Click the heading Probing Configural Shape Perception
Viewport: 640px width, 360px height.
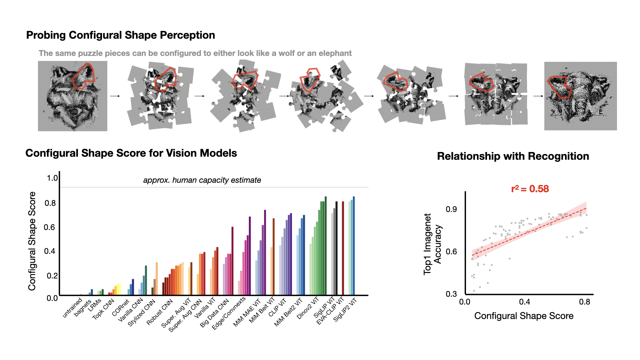tap(120, 35)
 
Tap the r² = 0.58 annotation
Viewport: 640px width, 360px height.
tap(530, 189)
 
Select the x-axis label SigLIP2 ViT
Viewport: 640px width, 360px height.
tap(345, 310)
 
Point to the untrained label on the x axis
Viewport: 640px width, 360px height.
tap(72, 308)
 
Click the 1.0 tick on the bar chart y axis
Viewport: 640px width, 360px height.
tap(52, 178)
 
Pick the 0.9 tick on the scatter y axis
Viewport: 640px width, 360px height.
tap(451, 209)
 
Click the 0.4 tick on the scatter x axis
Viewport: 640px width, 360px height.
tap(524, 302)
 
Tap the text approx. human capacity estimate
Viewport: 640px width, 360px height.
tap(202, 180)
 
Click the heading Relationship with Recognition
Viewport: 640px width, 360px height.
tap(513, 156)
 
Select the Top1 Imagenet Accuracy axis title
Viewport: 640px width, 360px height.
tap(432, 244)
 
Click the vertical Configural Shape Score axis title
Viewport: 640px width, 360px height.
tap(32, 241)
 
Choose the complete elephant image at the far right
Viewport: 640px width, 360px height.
tap(580, 96)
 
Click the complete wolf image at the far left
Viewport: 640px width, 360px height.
tap(73, 96)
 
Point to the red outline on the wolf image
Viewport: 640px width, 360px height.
tap(84, 76)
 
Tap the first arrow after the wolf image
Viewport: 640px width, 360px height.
tap(115, 96)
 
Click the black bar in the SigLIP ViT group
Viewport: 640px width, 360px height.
tap(337, 248)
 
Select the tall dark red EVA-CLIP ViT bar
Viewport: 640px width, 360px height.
tap(343, 248)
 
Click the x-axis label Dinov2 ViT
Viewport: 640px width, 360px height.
tap(308, 309)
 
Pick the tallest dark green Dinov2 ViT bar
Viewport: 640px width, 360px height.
tap(326, 245)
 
